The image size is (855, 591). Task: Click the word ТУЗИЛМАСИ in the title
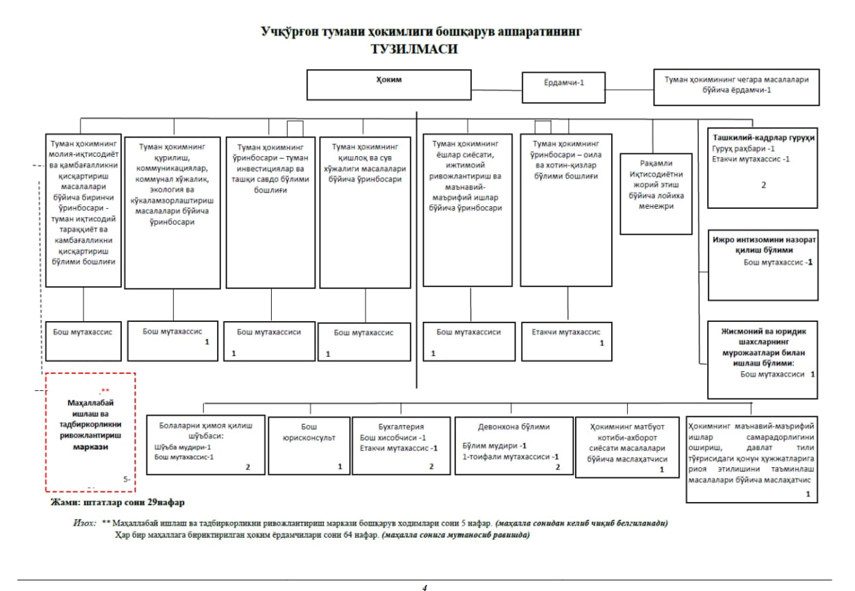pyautogui.click(x=413, y=49)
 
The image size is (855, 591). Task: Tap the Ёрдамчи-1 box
pyautogui.click(x=563, y=84)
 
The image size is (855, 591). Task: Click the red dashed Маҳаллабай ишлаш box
pyautogui.click(x=90, y=432)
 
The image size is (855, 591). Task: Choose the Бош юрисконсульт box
pyautogui.click(x=308, y=446)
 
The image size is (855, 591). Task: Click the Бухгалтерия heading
pyautogui.click(x=401, y=426)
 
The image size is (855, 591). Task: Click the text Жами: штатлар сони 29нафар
pyautogui.click(x=117, y=502)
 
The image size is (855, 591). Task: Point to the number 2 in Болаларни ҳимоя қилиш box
pyautogui.click(x=248, y=467)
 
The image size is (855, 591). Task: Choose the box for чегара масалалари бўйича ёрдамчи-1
pyautogui.click(x=737, y=84)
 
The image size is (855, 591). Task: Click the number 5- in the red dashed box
pyautogui.click(x=127, y=479)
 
